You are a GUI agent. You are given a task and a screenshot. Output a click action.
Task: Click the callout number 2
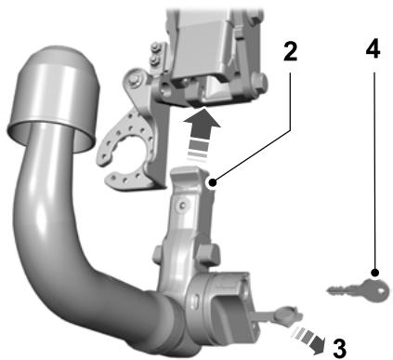tap(290, 51)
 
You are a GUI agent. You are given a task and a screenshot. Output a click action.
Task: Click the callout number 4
tap(372, 51)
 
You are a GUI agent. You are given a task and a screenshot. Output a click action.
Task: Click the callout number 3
tap(339, 348)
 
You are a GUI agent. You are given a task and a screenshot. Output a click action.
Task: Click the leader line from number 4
tap(372, 167)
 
